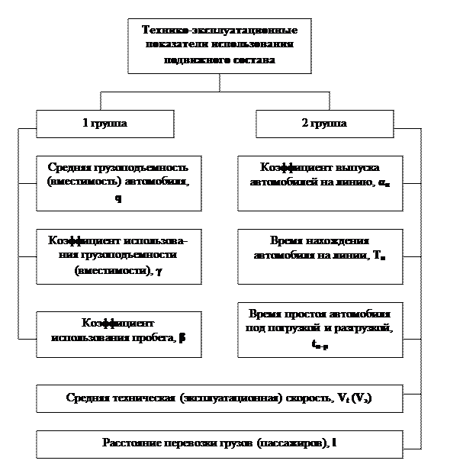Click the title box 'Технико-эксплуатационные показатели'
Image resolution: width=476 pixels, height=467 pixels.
tap(219, 47)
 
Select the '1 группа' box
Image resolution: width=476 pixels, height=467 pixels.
tap(105, 124)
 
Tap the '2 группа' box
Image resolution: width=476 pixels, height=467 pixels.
tap(324, 124)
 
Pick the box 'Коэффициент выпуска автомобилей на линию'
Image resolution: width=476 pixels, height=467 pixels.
tap(320, 183)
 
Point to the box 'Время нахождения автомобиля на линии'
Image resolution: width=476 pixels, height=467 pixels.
tap(320, 254)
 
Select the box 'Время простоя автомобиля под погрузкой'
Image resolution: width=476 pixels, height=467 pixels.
tap(320, 330)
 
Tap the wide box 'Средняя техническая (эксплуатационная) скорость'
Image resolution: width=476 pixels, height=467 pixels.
tap(219, 398)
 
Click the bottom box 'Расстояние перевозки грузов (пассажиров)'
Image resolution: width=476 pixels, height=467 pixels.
tap(219, 443)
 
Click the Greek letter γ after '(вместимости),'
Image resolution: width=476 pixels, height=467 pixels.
tap(158, 271)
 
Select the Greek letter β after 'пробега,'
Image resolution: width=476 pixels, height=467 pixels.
tap(182, 340)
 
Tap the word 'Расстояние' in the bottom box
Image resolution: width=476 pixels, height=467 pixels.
tap(130, 443)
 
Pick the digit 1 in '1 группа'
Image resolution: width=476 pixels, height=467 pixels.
tap(85, 124)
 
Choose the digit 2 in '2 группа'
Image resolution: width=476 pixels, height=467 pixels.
tap(304, 124)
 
